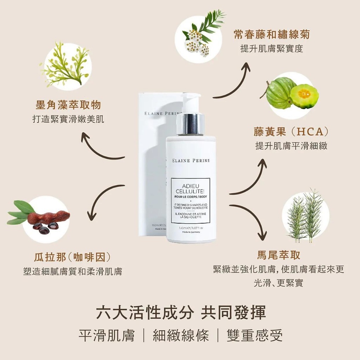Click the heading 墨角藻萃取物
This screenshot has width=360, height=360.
[x=68, y=105]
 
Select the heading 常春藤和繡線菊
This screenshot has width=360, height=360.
[x=271, y=34]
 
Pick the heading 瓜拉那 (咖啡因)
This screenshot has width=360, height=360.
[x=72, y=257]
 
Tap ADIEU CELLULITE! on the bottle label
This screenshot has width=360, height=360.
[x=190, y=188]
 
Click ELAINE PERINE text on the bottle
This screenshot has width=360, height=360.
[x=191, y=161]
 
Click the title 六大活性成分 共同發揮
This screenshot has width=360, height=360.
[x=180, y=312]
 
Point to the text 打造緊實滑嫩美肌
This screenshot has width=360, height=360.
[x=68, y=120]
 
